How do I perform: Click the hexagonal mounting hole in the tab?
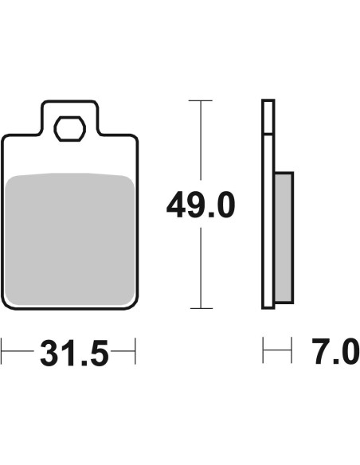coord(69,129)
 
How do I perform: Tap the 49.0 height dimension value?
coord(201,205)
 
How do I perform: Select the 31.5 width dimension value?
coord(74,353)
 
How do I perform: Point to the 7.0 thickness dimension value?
coord(335,351)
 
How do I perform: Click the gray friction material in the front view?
coord(70,239)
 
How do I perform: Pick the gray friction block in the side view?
coord(284,237)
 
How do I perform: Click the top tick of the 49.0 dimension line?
coord(201,101)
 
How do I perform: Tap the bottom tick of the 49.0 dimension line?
coord(202,308)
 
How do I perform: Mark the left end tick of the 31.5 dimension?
coord(1,351)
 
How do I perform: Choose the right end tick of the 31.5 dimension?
coord(135,351)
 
